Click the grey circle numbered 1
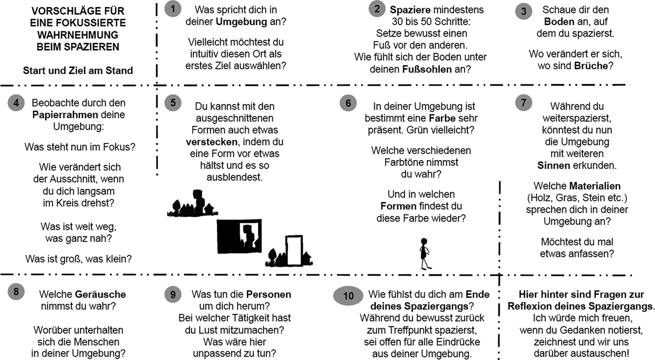pyautogui.click(x=172, y=9)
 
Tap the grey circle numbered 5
pyautogui.click(x=172, y=103)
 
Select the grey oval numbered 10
pyautogui.click(x=348, y=296)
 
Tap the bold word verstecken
pyautogui.click(x=212, y=142)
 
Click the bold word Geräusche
pyautogui.click(x=100, y=294)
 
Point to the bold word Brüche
pyautogui.click(x=591, y=66)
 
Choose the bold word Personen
pyautogui.click(x=268, y=294)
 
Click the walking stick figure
pyautogui.click(x=424, y=253)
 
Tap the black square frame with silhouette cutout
pyautogui.click(x=239, y=236)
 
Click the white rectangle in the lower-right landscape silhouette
pyautogui.click(x=294, y=250)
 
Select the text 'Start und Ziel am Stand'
pyautogui.click(x=78, y=71)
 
